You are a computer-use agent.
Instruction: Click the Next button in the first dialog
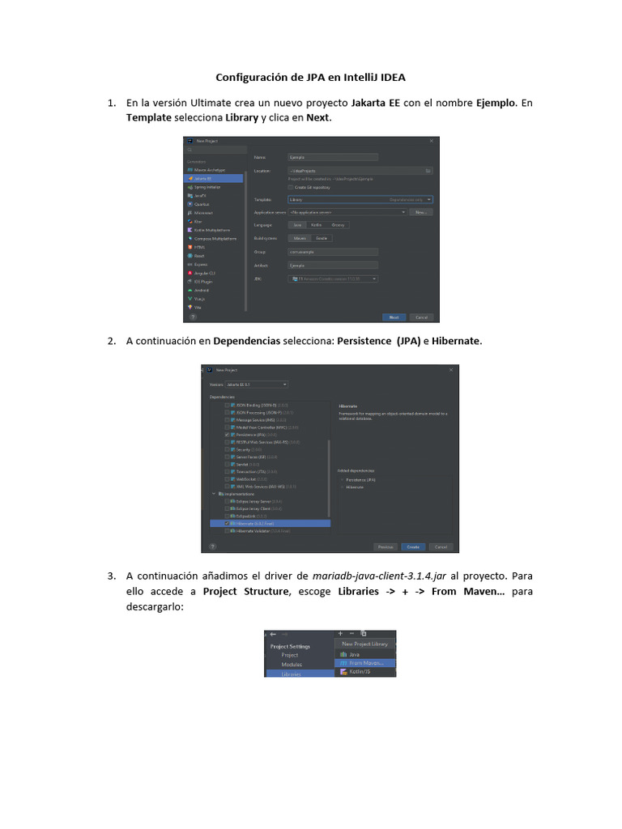tap(394, 317)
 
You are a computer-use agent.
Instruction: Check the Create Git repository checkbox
tap(291, 187)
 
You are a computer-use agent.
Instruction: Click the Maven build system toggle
tap(300, 239)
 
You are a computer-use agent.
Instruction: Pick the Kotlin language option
tap(317, 224)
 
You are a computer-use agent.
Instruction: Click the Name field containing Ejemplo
tap(332, 156)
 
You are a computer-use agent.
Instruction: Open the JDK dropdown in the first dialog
tap(333, 278)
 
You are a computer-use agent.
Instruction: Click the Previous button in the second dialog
tap(386, 546)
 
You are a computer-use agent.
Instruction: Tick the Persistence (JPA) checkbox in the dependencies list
tap(228, 435)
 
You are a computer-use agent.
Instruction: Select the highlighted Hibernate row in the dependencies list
tap(267, 524)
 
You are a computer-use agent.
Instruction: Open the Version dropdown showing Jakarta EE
tap(258, 384)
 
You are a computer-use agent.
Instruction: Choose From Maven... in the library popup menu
tap(365, 662)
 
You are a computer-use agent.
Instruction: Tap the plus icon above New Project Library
tap(341, 633)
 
